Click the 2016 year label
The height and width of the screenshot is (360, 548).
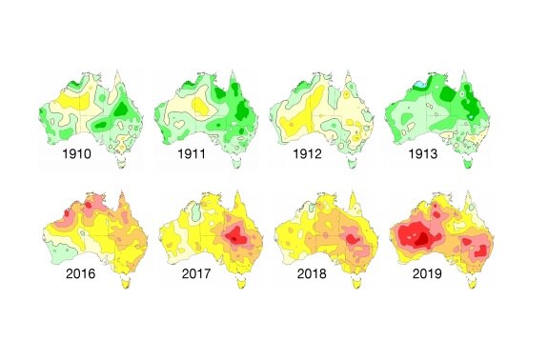click(78, 275)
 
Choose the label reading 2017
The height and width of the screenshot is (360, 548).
click(193, 275)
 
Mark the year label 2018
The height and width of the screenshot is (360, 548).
click(307, 275)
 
